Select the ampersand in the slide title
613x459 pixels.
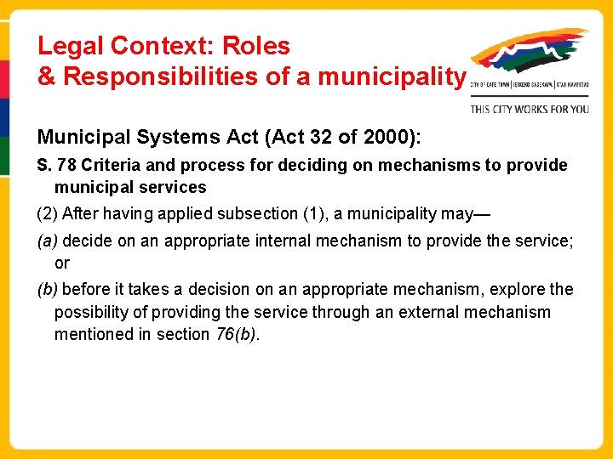pos(47,77)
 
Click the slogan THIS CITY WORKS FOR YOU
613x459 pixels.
pos(530,109)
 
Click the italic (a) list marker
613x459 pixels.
pos(47,241)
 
